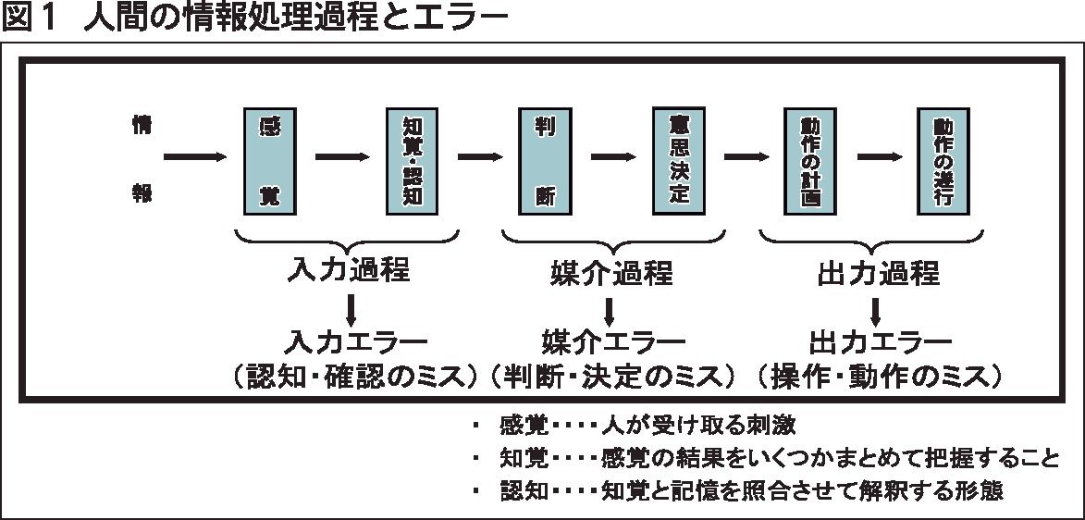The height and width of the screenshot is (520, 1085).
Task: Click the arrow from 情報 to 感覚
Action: pos(194,157)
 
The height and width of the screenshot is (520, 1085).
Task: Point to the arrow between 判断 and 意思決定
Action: pos(612,157)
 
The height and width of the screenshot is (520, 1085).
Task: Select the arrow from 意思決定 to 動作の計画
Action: pos(746,157)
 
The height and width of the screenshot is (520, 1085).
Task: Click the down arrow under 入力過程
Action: pos(351,308)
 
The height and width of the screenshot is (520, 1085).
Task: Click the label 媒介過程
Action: pos(607,273)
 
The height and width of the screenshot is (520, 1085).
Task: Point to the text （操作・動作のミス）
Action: pos(880,375)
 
